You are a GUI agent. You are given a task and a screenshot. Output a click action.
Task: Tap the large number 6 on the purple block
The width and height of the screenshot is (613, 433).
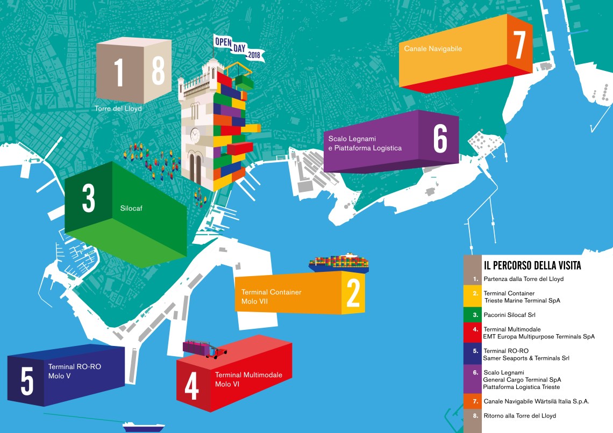click(440, 139)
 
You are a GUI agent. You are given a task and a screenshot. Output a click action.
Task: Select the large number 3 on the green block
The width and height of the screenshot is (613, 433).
click(88, 198)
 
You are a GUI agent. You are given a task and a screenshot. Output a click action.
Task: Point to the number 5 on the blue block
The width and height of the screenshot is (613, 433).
click(26, 381)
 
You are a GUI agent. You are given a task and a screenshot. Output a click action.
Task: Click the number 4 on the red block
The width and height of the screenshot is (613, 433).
click(192, 386)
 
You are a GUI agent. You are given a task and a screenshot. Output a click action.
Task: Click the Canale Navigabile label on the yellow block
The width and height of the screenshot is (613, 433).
click(433, 49)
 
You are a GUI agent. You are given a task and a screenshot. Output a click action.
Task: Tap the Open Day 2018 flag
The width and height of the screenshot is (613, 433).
click(237, 48)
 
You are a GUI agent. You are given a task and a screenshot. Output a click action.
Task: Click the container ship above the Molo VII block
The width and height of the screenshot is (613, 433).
click(339, 262)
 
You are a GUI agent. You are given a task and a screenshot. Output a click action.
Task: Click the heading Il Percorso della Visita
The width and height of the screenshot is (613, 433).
click(532, 265)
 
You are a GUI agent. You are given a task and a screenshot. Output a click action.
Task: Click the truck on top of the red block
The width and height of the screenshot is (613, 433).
click(205, 349)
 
